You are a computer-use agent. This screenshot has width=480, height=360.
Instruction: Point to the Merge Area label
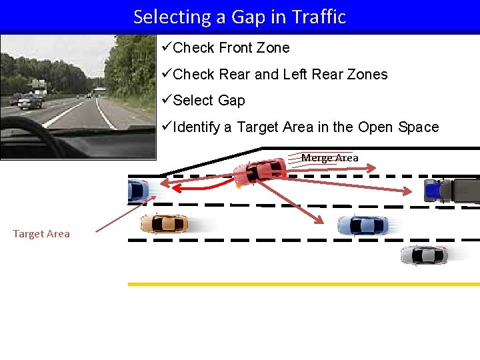coord(329,158)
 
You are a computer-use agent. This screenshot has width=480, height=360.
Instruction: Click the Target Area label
coord(41,233)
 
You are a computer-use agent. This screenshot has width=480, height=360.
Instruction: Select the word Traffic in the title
coord(319,17)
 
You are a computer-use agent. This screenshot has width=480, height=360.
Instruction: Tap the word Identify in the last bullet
coord(197,127)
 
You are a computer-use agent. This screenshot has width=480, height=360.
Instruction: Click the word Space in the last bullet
coord(415,127)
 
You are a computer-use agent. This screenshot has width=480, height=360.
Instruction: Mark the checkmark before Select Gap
coord(167,100)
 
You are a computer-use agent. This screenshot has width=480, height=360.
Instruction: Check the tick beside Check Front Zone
coord(167,47)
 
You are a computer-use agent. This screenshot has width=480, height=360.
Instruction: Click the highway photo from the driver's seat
coord(77,96)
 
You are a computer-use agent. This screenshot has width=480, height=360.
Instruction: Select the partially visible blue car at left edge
coord(137,191)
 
